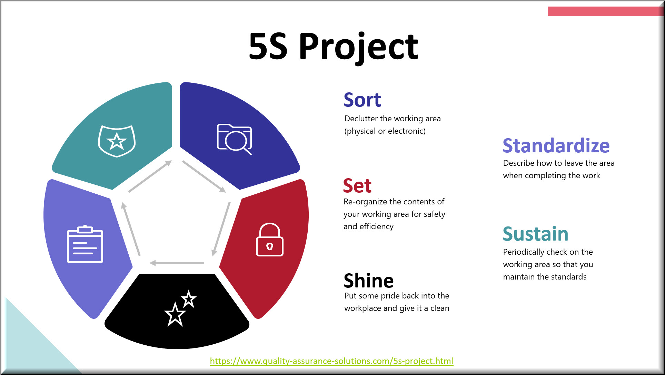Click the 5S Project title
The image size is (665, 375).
point(333,47)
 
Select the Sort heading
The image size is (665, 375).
point(362,100)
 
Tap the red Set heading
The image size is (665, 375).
point(357,186)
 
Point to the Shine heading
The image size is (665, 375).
point(368,281)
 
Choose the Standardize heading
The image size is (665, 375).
point(556,145)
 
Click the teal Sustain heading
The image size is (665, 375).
point(535,234)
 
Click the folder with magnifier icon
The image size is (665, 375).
point(235,139)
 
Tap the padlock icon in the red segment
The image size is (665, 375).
point(270,240)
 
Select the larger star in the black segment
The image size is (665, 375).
point(175,314)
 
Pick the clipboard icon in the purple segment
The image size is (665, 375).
point(85,244)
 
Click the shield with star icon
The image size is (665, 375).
point(117,141)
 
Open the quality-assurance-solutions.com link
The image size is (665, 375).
point(331,361)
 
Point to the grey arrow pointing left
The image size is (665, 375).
point(177,263)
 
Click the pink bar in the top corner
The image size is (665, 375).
point(605,11)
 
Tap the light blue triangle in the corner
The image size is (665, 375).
point(31,345)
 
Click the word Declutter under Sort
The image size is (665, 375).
point(361,119)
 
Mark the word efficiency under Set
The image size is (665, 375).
point(376,226)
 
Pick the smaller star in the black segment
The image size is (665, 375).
point(189,298)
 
